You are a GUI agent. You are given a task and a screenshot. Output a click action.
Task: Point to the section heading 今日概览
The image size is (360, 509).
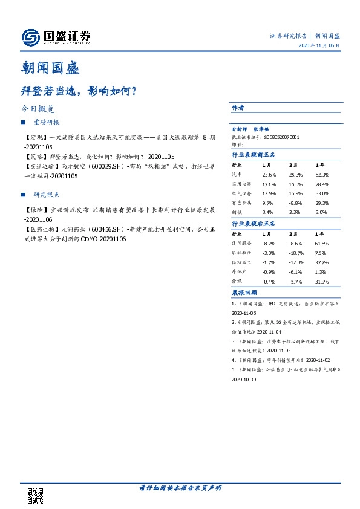(38, 110)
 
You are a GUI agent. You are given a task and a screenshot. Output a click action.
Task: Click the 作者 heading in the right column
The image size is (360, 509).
(238, 108)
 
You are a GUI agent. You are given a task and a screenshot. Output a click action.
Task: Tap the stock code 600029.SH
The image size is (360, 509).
(106, 166)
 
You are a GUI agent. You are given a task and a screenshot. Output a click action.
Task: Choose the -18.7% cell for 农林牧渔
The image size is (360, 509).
(295, 253)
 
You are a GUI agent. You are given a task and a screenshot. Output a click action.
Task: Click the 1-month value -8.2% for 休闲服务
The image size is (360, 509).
(269, 243)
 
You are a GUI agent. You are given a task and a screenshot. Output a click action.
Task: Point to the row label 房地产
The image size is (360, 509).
(240, 272)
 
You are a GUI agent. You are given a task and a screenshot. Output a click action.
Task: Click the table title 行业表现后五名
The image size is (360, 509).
(253, 224)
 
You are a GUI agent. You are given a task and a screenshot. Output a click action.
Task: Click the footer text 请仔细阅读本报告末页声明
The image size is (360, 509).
(180, 488)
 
